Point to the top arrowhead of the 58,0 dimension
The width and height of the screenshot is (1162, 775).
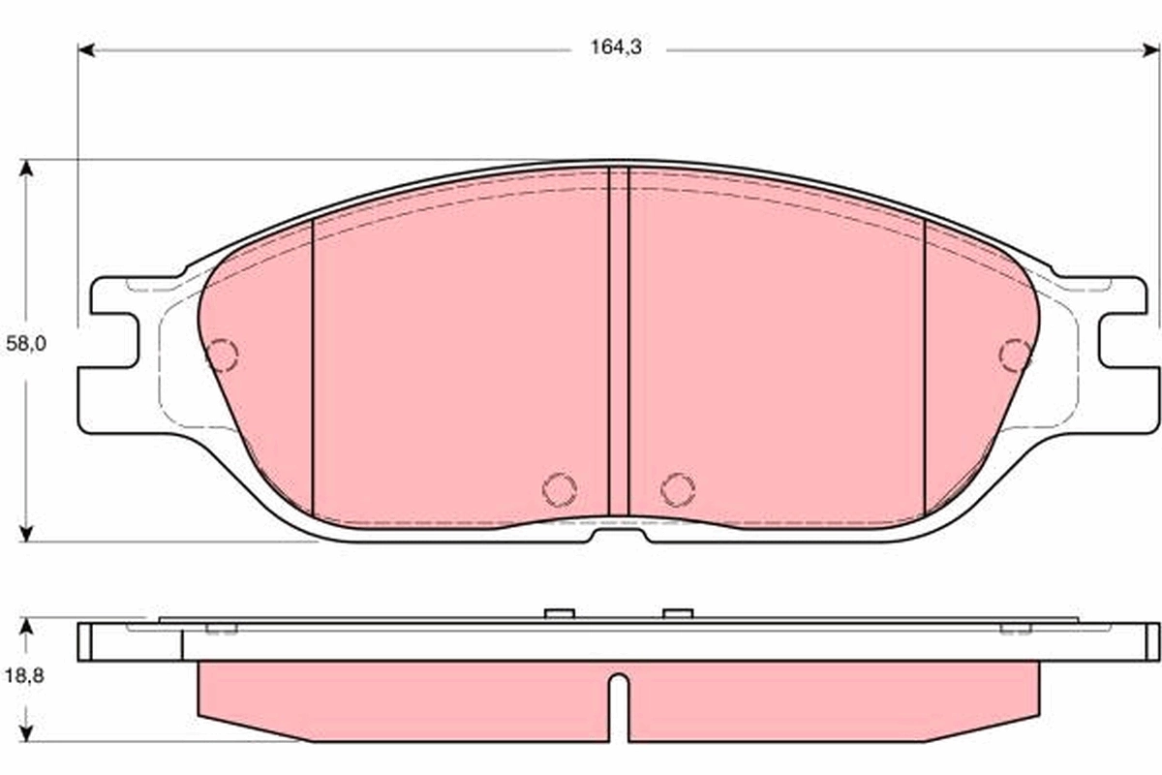pyautogui.click(x=27, y=169)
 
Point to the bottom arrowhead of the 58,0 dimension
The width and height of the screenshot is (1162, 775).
pyautogui.click(x=27, y=532)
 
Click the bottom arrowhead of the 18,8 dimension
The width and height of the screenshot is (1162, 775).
pyautogui.click(x=27, y=733)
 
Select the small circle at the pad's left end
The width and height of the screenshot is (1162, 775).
pyautogui.click(x=222, y=356)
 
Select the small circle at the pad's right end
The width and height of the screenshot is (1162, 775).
pyautogui.click(x=1015, y=356)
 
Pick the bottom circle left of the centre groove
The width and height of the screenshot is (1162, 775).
pyautogui.click(x=560, y=488)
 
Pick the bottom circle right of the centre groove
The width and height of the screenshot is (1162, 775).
pyautogui.click(x=678, y=488)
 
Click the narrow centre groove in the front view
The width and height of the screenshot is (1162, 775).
pyautogui.click(x=619, y=339)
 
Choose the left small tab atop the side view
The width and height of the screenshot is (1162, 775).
pyautogui.click(x=560, y=612)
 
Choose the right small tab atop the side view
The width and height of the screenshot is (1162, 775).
pyautogui.click(x=678, y=612)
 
